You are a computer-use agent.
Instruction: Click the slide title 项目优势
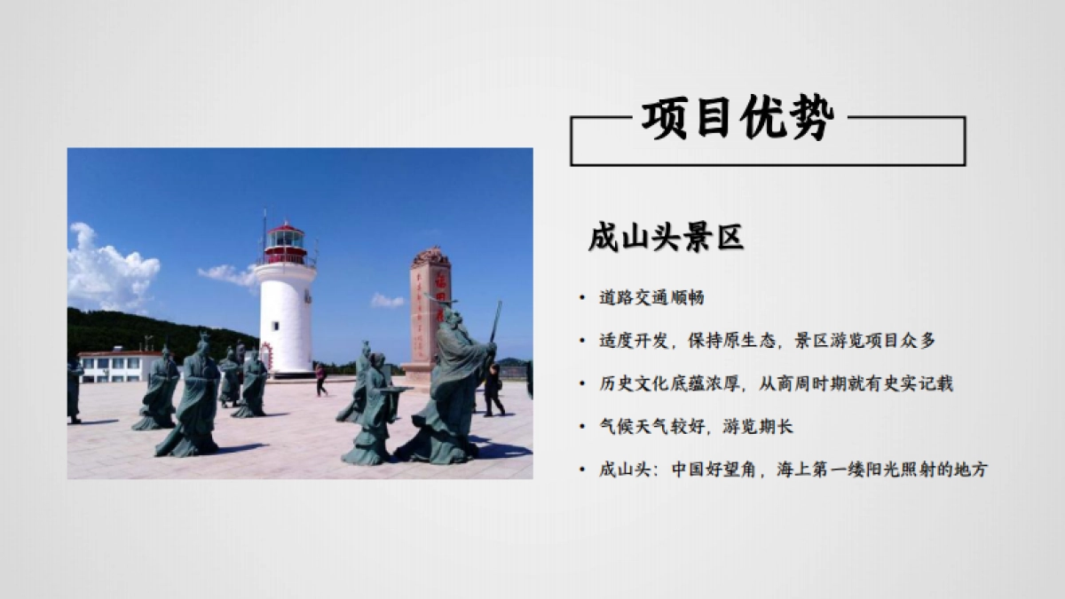click(x=738, y=119)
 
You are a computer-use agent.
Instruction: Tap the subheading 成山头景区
click(x=666, y=237)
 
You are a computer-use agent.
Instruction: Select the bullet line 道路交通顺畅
click(x=651, y=297)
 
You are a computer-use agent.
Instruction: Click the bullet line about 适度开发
click(x=767, y=340)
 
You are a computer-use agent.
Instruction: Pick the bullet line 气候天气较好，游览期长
click(x=696, y=427)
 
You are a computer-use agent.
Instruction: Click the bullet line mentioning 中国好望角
click(x=793, y=469)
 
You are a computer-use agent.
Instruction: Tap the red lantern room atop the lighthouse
click(x=285, y=242)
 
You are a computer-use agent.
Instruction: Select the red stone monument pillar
click(x=431, y=311)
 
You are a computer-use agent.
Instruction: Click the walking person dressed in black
click(x=493, y=390)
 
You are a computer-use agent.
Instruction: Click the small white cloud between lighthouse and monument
click(x=387, y=300)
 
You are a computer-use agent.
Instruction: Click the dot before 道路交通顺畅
click(x=581, y=298)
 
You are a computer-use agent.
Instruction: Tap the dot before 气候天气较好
click(x=581, y=428)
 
